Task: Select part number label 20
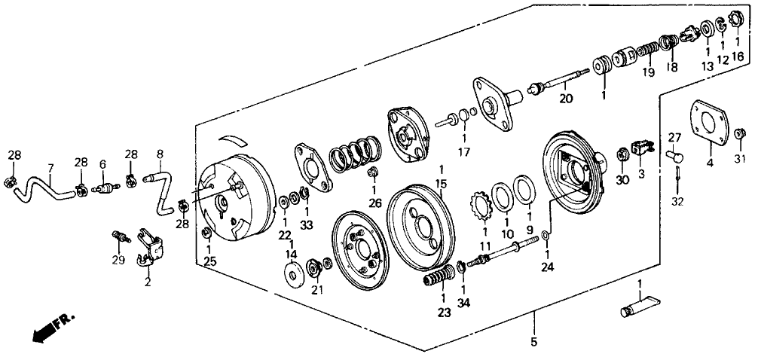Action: [x=566, y=99]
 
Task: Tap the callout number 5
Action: [x=533, y=342]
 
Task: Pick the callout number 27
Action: [x=674, y=138]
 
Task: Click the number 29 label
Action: [x=118, y=261]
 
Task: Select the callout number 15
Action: [x=441, y=184]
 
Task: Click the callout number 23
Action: [x=444, y=313]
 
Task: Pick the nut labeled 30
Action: [x=623, y=154]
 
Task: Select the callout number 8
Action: [x=160, y=154]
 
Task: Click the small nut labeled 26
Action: [x=372, y=171]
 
